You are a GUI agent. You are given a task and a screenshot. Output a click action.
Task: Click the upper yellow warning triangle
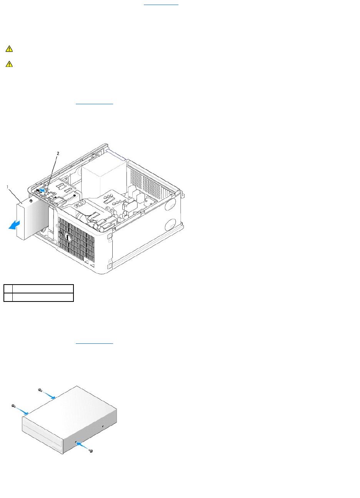coord(9,49)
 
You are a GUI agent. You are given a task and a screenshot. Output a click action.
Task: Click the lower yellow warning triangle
coord(9,64)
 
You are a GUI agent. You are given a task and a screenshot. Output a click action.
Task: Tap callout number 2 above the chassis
coord(58,153)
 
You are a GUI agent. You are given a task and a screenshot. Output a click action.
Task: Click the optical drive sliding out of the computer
coord(31,219)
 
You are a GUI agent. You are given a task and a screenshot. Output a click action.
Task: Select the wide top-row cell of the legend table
coord(43,289)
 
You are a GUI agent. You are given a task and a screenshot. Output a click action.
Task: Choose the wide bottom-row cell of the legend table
coord(43,297)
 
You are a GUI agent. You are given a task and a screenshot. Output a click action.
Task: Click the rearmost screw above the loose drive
coord(40,390)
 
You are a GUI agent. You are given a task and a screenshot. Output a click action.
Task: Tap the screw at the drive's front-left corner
coord(13,406)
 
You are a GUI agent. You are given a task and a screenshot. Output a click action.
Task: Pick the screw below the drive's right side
coord(91,451)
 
